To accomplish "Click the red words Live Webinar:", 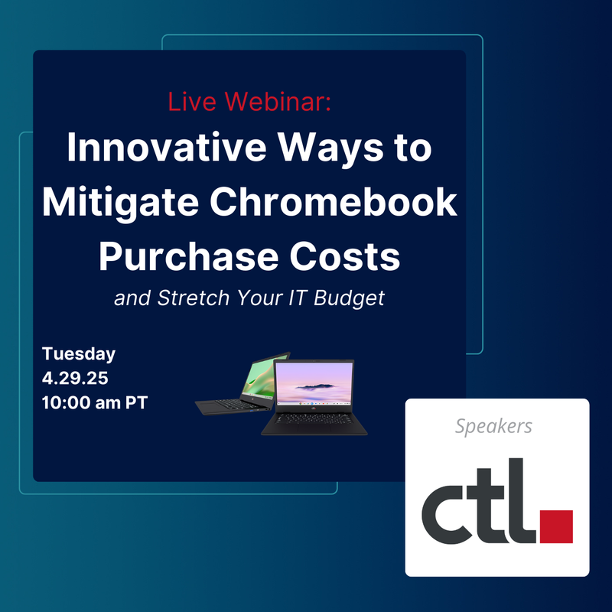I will click(249, 103).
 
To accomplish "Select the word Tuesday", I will click(79, 354).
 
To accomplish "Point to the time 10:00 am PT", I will click(94, 402).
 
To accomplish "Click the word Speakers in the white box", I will click(493, 427).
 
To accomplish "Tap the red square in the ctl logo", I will click(556, 526).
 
